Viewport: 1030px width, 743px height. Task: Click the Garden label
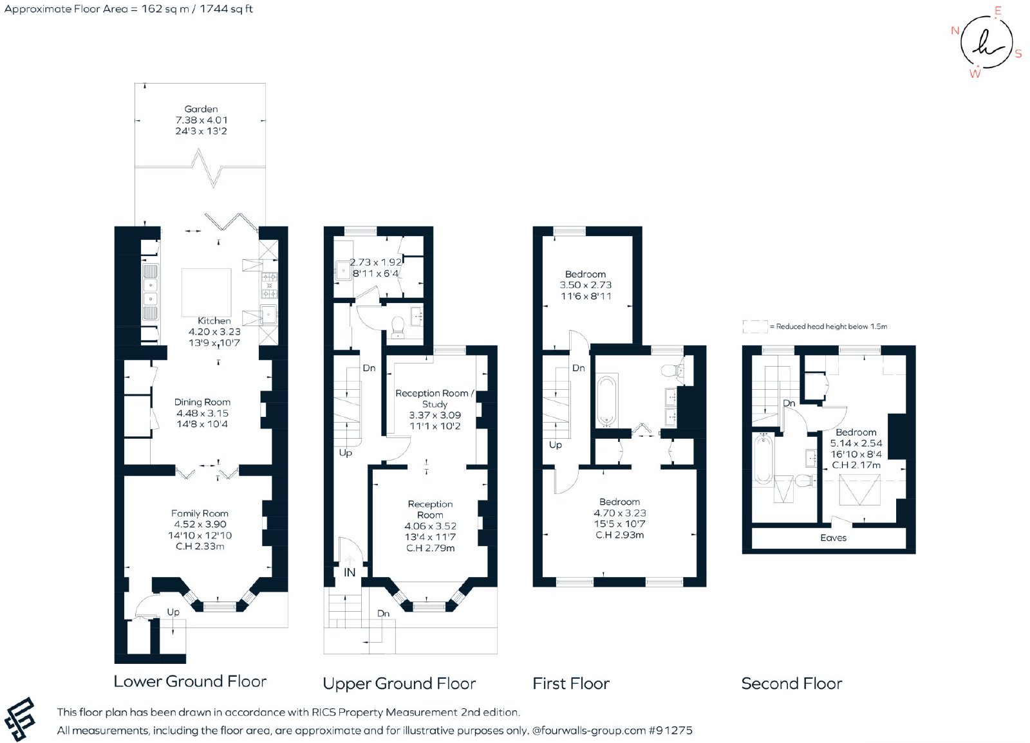coord(201,109)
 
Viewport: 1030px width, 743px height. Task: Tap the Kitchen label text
coord(214,321)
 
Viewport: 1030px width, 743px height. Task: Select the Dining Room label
coord(202,402)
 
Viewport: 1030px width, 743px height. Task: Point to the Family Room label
coord(200,513)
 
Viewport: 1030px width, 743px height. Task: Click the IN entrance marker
coord(350,573)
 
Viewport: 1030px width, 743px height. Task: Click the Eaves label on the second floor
coord(833,538)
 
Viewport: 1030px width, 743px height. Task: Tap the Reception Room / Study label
coord(435,398)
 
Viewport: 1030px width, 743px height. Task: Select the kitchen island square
coord(207,293)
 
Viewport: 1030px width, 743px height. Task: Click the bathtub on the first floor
coord(607,401)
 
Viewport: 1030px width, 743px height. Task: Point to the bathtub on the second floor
coord(763,459)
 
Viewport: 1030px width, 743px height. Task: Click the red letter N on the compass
coord(955,31)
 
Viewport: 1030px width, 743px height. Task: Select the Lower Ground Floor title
coord(190,681)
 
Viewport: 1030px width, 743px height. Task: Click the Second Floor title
coord(791,683)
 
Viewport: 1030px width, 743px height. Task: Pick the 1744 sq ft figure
coord(226,9)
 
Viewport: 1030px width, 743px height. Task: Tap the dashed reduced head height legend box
coord(755,326)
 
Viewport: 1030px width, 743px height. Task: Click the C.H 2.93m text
coord(619,535)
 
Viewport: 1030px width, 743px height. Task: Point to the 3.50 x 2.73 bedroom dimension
coord(585,285)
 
